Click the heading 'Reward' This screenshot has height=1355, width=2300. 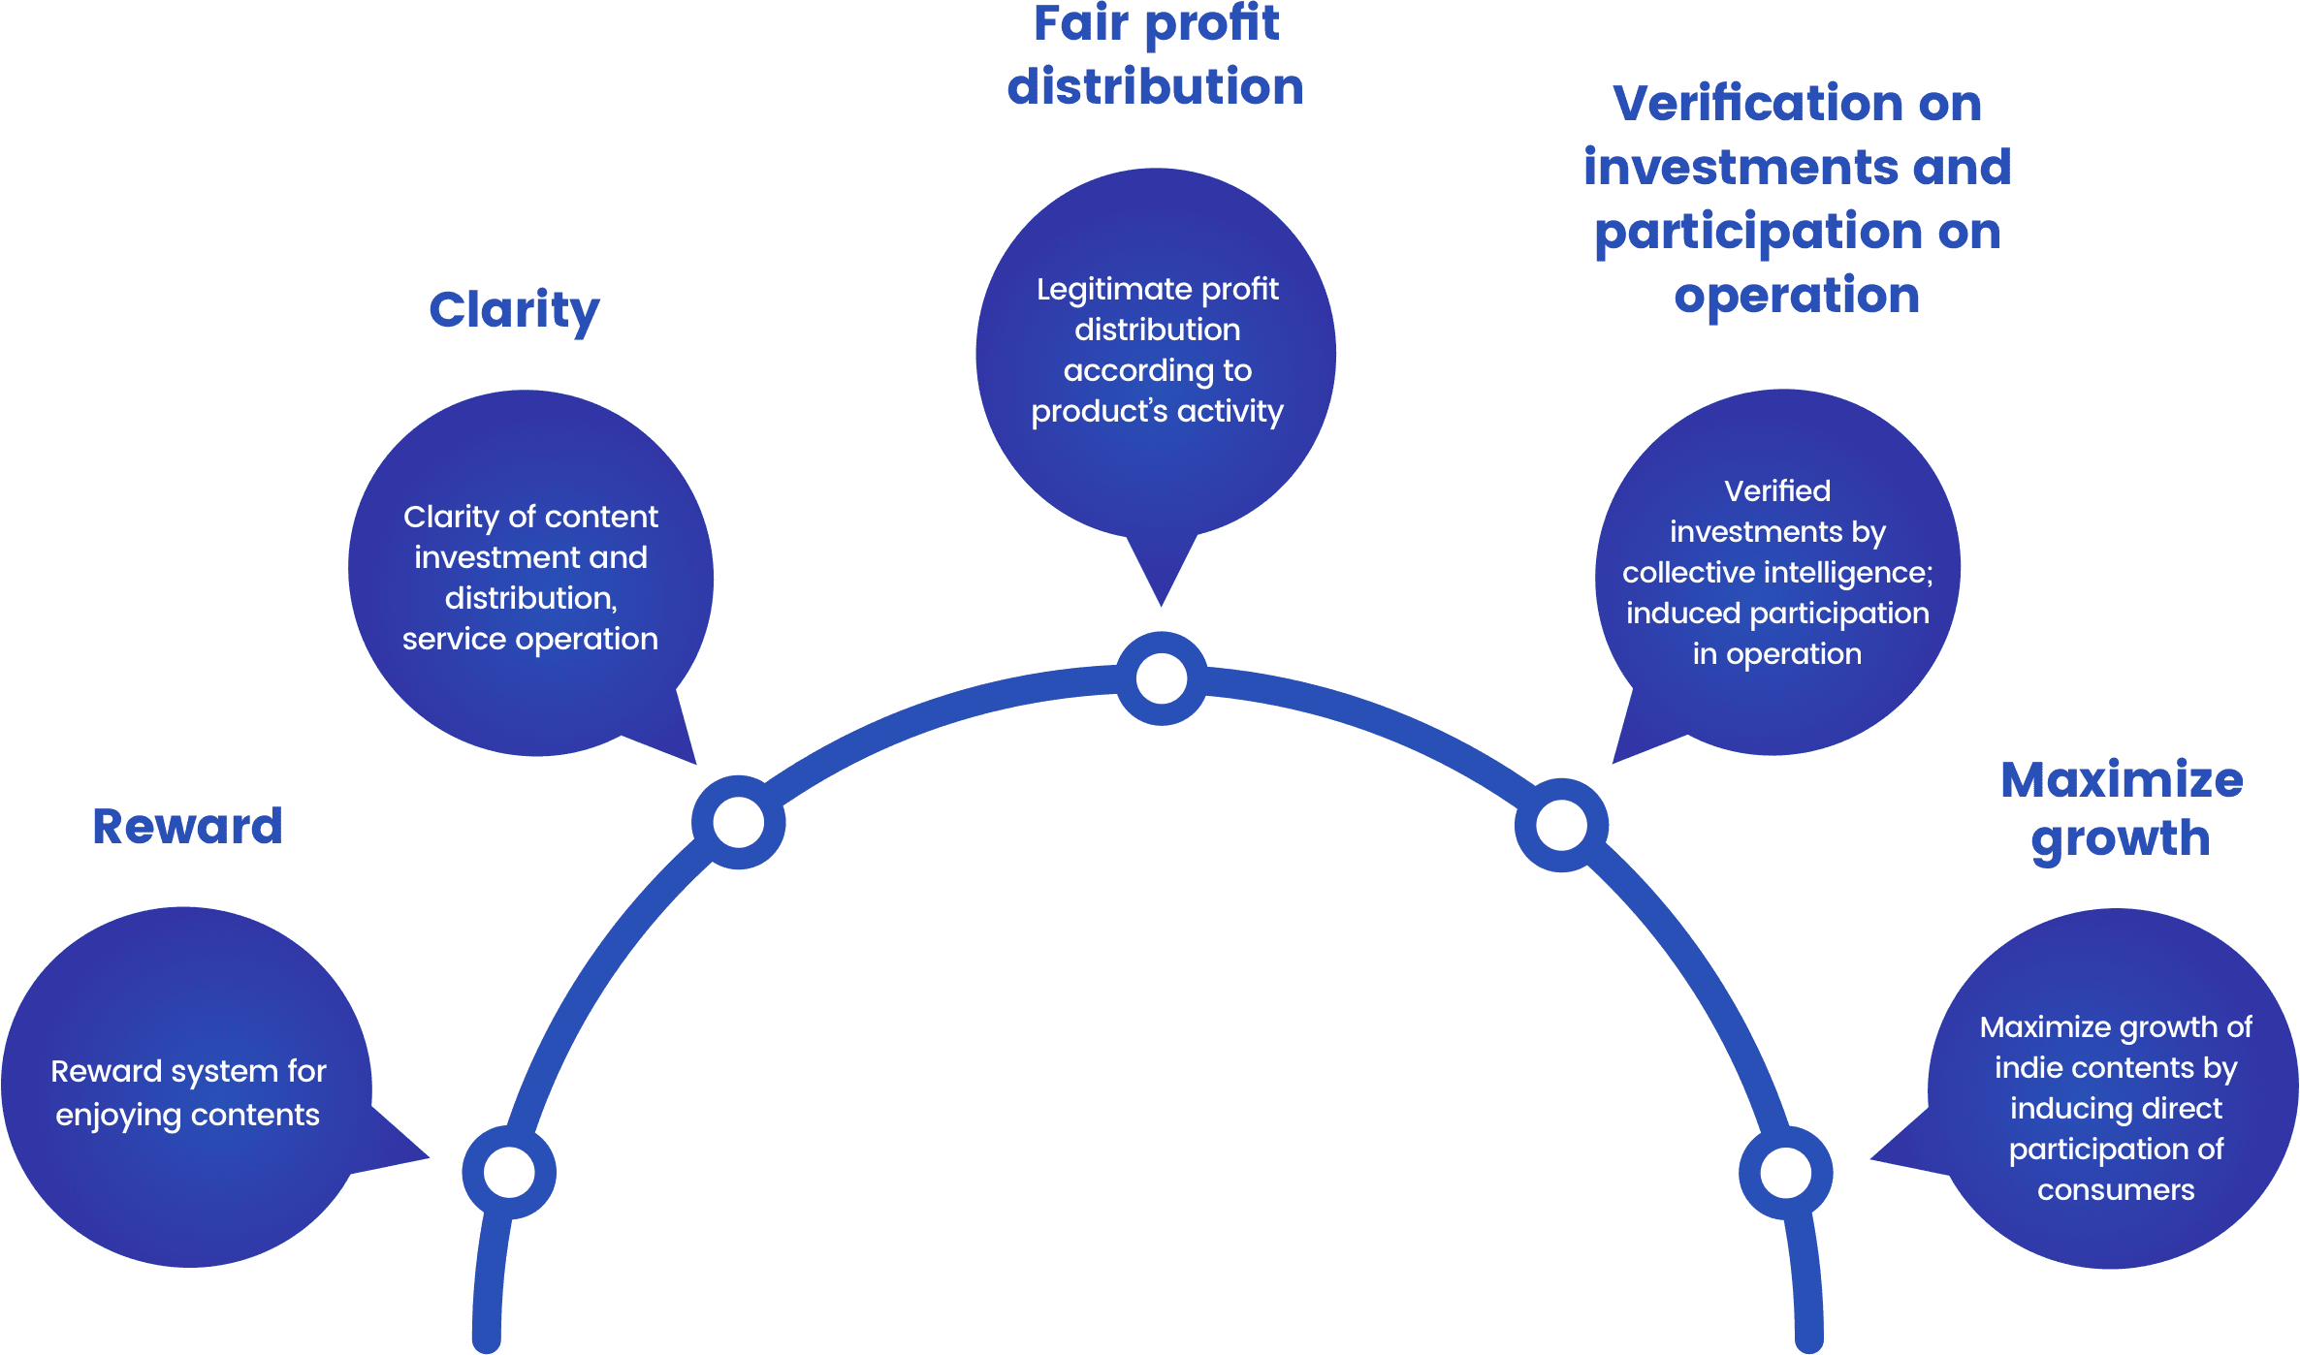(187, 827)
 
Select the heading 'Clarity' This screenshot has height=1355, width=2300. (514, 310)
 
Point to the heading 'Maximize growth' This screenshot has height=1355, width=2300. (2121, 808)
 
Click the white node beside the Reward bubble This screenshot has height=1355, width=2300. (509, 1173)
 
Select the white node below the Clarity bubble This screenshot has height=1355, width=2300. (739, 822)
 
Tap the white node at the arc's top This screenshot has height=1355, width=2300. (1161, 678)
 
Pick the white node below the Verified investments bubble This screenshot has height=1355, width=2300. (1561, 825)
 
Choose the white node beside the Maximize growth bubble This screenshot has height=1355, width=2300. (1785, 1173)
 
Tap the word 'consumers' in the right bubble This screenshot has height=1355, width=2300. (2116, 1190)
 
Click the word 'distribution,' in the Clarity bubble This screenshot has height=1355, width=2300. (530, 598)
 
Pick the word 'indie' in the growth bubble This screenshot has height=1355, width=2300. (2024, 1068)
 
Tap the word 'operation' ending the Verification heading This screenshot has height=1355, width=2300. (1797, 295)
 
